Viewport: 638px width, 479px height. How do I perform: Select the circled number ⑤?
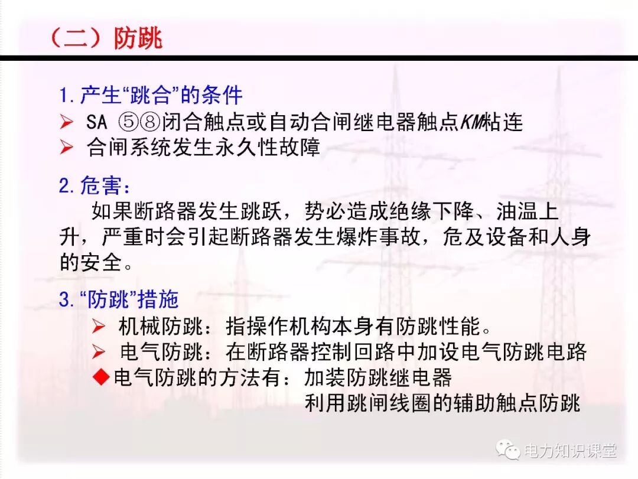pos(128,122)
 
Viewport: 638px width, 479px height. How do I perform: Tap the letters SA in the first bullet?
pos(97,122)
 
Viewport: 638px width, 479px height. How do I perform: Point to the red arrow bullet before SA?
pos(66,122)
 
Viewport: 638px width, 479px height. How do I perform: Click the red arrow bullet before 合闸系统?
pos(66,148)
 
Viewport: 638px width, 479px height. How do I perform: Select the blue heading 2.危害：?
pos(95,186)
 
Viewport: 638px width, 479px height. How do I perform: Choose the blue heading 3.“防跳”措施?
pos(118,299)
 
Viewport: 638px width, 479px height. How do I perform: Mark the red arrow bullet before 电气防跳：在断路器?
pos(99,352)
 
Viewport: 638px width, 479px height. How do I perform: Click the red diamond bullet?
pos(103,377)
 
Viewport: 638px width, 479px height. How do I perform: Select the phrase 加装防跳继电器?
pos(378,377)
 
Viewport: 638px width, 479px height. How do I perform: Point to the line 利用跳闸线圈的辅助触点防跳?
pos(442,403)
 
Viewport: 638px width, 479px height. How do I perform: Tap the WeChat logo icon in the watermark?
pos(507,451)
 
